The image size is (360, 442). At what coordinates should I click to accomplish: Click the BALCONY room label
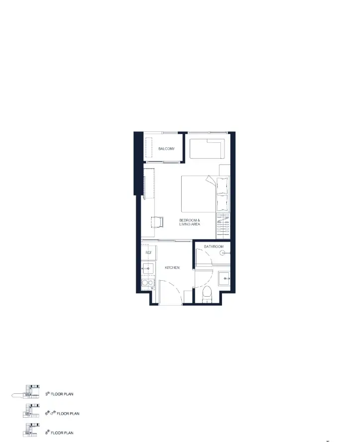click(166, 148)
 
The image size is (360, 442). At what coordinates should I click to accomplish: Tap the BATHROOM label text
click(214, 247)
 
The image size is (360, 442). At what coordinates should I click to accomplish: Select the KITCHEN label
click(172, 267)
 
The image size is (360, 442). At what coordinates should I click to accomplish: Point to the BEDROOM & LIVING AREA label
click(190, 222)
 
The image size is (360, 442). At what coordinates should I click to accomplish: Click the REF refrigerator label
click(148, 253)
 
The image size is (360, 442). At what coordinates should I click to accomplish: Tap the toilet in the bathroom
click(207, 294)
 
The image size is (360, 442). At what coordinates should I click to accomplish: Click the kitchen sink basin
click(148, 269)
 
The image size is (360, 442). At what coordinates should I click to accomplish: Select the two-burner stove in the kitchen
click(148, 282)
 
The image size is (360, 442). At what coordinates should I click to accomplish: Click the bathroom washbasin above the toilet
click(224, 278)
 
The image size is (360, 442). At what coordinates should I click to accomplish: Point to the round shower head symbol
click(222, 253)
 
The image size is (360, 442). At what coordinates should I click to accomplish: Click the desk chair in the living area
click(157, 222)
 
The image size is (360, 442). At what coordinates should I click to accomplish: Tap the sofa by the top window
click(208, 148)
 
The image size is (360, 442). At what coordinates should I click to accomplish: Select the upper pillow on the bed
click(222, 185)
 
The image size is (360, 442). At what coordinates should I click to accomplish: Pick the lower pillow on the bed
click(222, 203)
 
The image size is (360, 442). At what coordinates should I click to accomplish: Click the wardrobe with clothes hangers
click(223, 226)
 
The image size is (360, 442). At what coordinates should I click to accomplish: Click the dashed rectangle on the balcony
click(148, 147)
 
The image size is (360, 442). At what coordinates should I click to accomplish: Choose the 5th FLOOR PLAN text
click(59, 394)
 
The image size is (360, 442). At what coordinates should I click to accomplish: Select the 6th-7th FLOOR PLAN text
click(63, 413)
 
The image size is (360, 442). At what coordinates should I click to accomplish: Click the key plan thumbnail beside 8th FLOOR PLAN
click(31, 430)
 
